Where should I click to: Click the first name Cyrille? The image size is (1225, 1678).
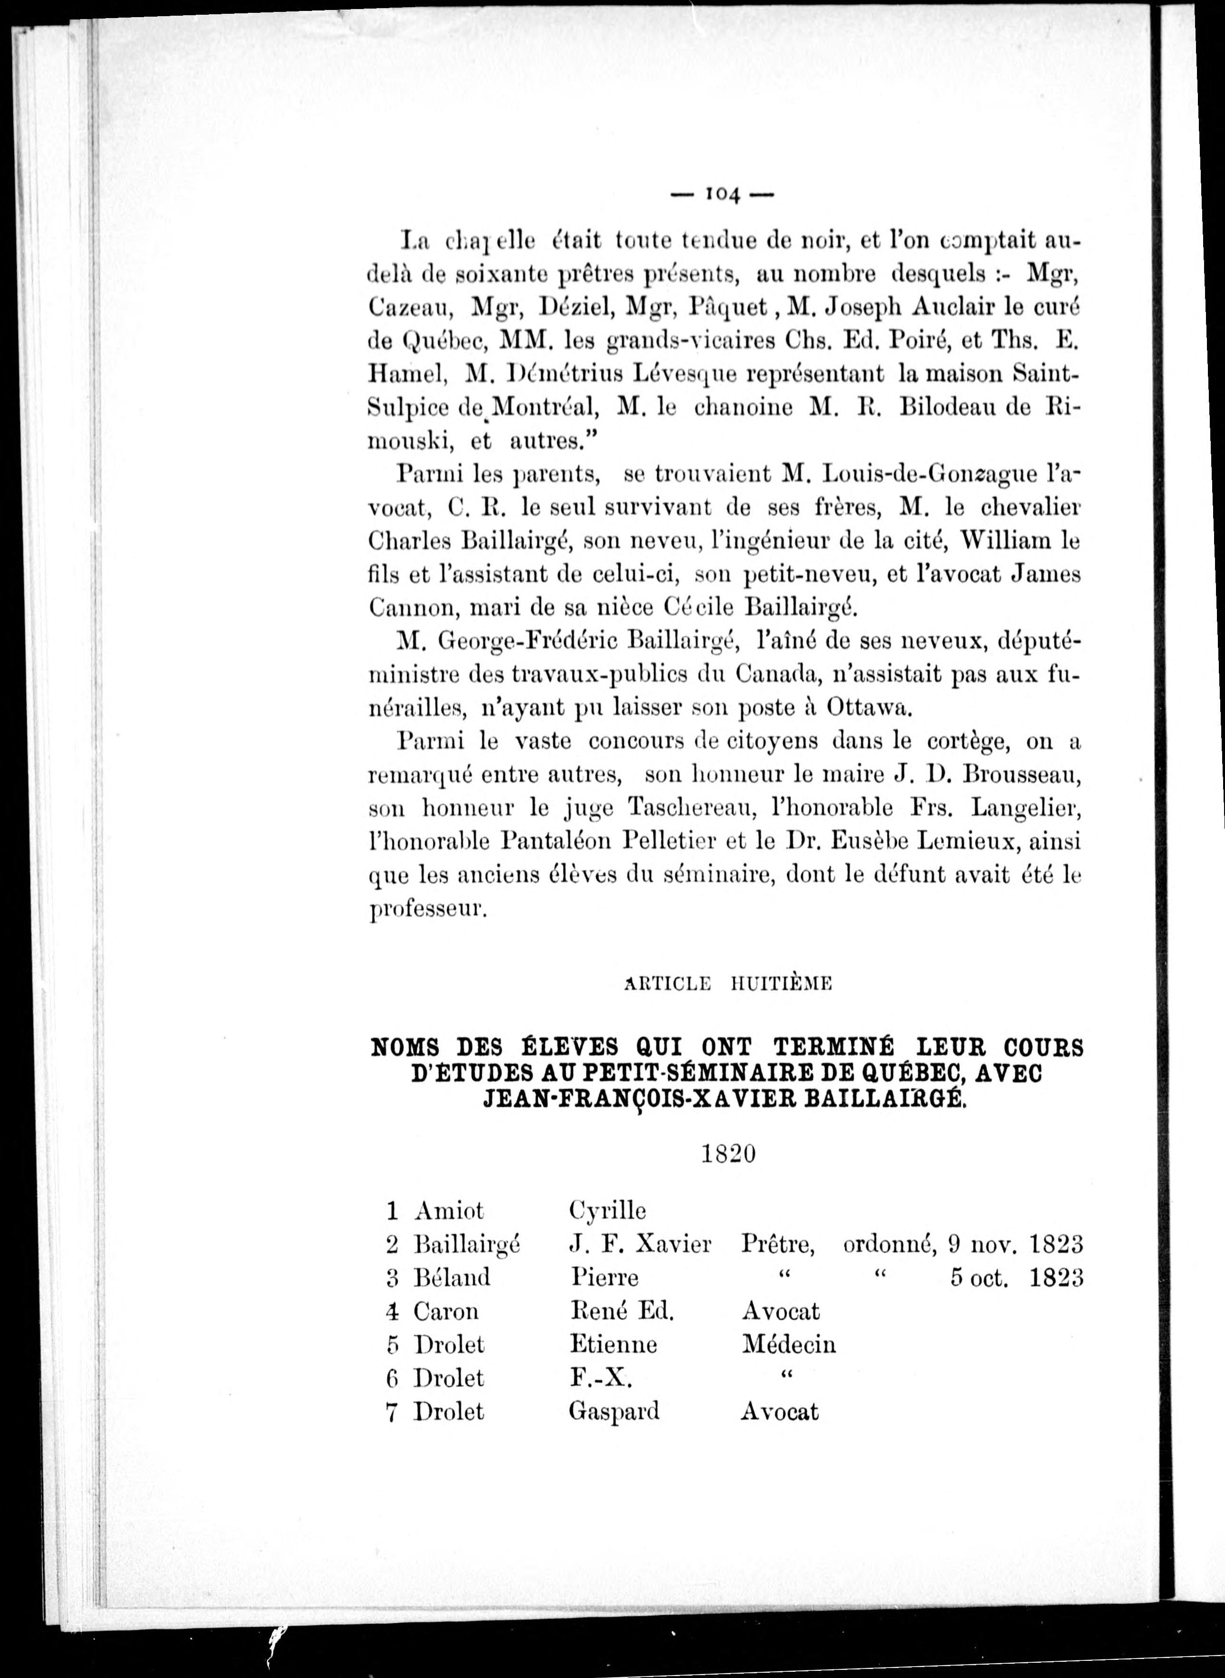[x=607, y=1211]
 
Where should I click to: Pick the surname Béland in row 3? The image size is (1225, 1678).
[x=452, y=1278]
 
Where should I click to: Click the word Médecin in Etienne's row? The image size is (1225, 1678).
[x=788, y=1344]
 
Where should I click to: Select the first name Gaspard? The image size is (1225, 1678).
[x=613, y=1411]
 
